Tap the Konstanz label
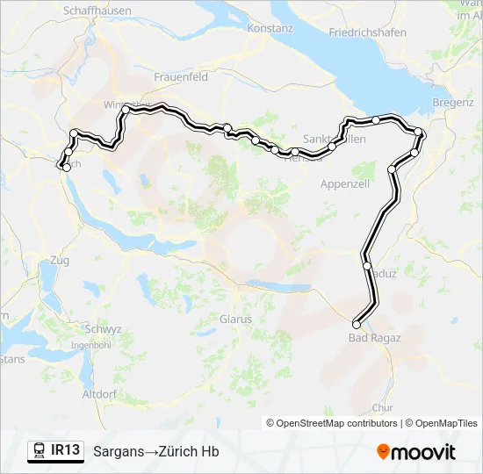[270, 28]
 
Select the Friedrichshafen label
[367, 32]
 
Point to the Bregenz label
[452, 104]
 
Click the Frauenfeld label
[181, 77]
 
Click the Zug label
[61, 261]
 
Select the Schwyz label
[97, 328]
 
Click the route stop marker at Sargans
[357, 325]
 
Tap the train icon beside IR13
[40, 451]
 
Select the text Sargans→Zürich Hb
[156, 452]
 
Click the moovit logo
[416, 452]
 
